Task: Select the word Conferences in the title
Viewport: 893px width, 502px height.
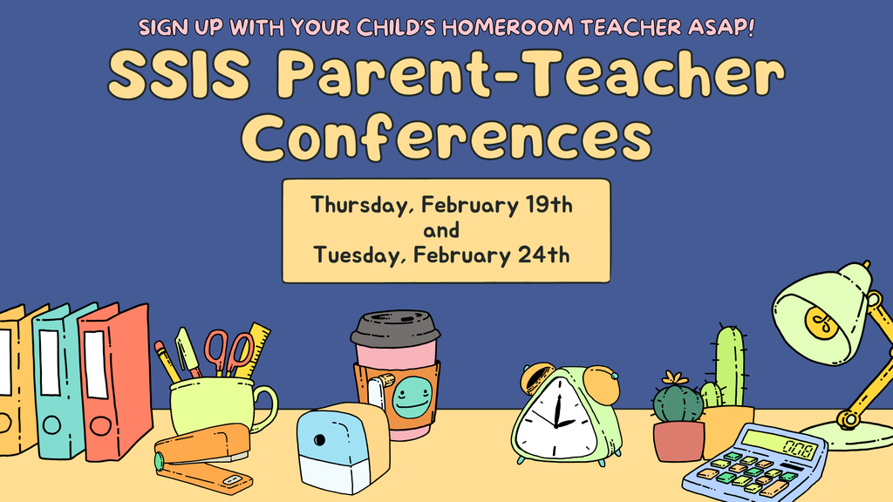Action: [446, 138]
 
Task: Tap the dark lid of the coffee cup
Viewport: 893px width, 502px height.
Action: [395, 328]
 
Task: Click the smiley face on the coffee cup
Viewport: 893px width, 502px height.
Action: [410, 397]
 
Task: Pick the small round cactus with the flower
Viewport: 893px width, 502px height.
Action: [678, 401]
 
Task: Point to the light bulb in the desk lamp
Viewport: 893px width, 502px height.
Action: [821, 323]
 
